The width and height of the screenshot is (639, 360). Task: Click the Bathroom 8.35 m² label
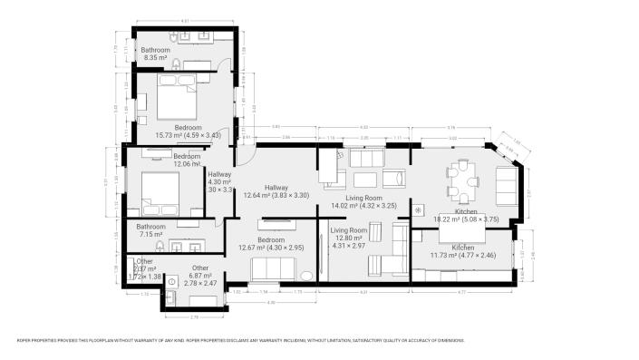coord(155,54)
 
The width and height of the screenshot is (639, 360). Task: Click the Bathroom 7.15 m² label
coord(151,230)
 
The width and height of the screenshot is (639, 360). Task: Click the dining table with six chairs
coord(461,183)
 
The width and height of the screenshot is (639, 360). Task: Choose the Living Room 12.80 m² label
coord(348,238)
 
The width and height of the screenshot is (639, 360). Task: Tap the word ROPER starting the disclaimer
coord(24,341)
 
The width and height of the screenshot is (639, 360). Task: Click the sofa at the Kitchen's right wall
coord(505,186)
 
